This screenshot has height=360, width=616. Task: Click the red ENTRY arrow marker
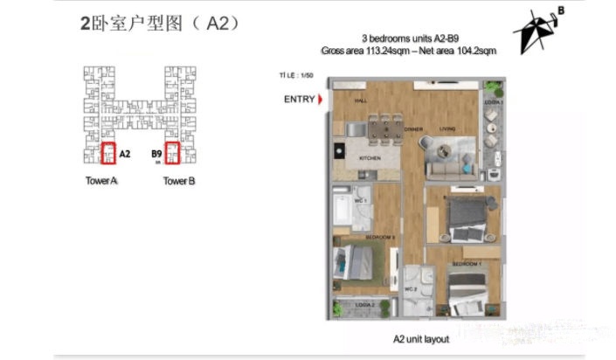[320, 100]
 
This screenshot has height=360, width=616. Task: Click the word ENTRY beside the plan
[299, 100]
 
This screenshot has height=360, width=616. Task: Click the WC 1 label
[360, 202]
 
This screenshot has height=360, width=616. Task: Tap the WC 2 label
[409, 288]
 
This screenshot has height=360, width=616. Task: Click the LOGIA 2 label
[365, 305]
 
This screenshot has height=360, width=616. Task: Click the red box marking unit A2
[108, 154]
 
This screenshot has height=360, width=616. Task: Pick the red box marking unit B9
[172, 154]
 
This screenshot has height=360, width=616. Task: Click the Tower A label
[102, 182]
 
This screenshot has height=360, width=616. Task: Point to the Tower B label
[179, 182]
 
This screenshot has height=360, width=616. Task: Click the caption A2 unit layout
[409, 336]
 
